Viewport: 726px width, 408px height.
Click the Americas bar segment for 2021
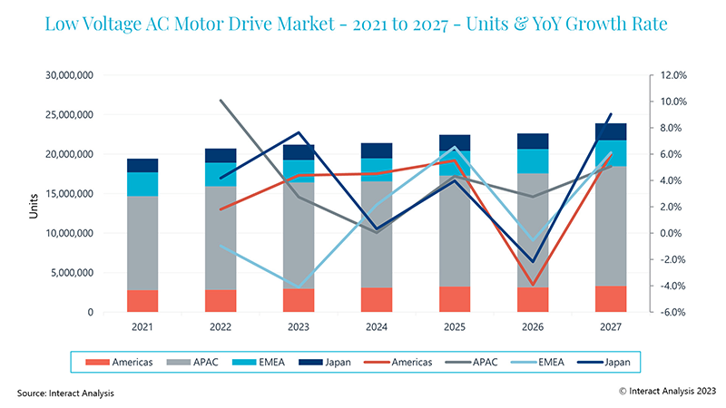tap(142, 301)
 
